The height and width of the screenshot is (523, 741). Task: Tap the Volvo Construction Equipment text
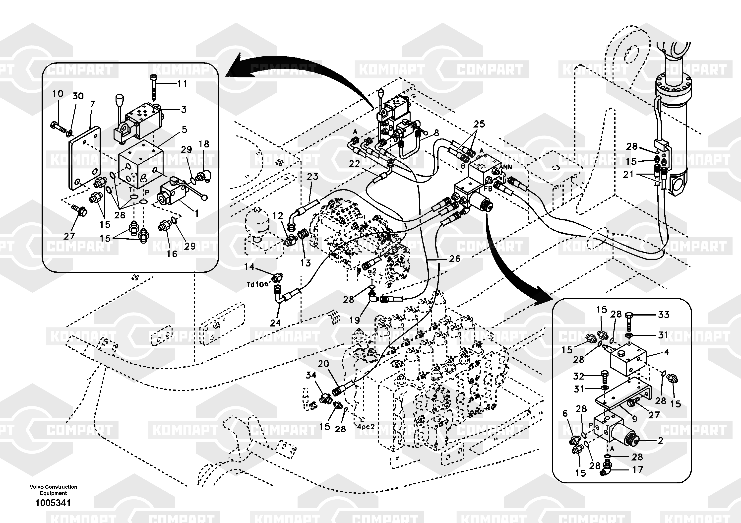[53, 490]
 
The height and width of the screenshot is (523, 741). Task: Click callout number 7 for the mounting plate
[93, 104]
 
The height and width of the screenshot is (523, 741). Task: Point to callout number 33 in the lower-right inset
[664, 315]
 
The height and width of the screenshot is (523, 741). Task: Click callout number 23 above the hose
[312, 177]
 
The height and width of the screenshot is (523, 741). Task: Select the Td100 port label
[257, 285]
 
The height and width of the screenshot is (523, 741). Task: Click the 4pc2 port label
[366, 427]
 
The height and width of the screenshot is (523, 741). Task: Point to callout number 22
[354, 164]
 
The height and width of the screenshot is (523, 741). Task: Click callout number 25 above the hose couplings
[479, 124]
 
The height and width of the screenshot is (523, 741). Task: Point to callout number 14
[249, 267]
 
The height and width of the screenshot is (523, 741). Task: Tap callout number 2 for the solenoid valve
[660, 441]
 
